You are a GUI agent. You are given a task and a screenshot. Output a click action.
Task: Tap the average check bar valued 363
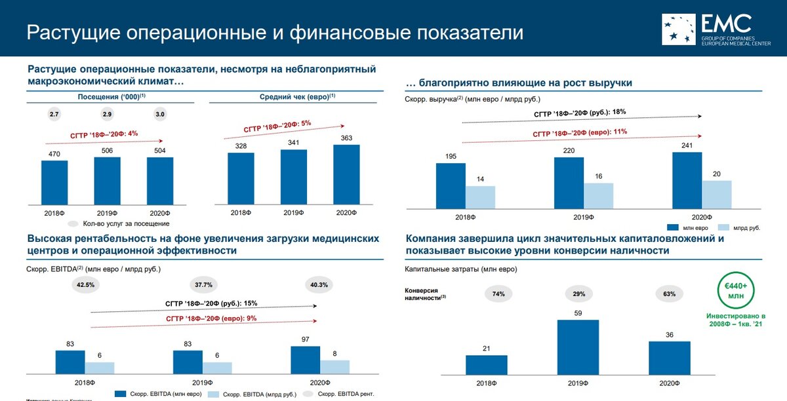346,174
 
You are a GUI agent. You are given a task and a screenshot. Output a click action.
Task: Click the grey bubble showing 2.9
107,115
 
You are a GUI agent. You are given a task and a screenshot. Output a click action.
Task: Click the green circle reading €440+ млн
739,291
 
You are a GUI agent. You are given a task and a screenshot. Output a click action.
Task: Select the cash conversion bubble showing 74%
499,294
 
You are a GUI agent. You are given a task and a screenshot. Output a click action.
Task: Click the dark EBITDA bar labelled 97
306,359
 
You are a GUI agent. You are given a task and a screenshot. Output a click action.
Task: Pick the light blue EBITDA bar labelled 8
334,366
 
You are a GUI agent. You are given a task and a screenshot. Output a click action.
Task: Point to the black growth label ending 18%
580,113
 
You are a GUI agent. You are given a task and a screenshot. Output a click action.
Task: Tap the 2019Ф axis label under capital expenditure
578,383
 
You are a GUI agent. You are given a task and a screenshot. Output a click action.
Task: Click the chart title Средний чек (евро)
298,96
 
